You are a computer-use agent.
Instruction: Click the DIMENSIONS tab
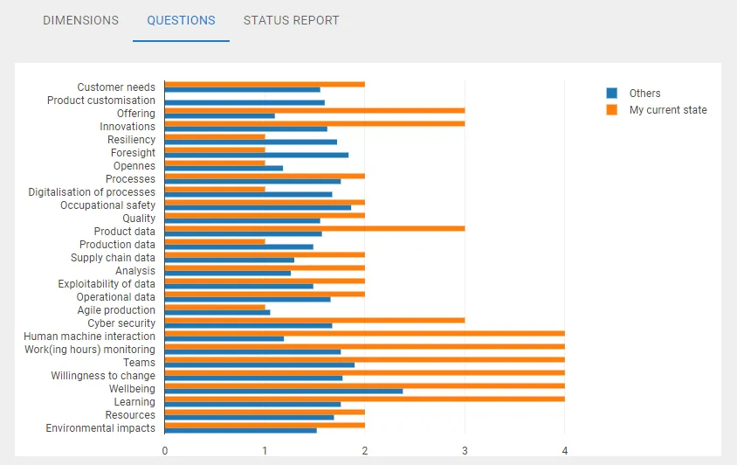coord(80,20)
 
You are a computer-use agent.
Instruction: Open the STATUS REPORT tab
coord(291,20)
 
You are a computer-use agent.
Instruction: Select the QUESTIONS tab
coord(181,20)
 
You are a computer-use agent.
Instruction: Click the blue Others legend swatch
coord(612,94)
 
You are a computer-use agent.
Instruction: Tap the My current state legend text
coord(668,110)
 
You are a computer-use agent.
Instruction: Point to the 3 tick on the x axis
coord(465,450)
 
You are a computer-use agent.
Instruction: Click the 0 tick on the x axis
coord(165,450)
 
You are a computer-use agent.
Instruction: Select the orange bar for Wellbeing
coord(364,385)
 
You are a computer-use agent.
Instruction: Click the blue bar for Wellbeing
coord(284,391)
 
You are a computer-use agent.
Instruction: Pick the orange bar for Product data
coord(314,228)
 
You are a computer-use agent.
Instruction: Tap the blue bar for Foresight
coord(257,155)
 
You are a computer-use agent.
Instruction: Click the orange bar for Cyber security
coord(314,320)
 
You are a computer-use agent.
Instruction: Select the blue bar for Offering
coord(220,115)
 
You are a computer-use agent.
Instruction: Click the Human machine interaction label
coord(90,337)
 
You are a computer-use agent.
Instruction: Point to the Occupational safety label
coord(107,205)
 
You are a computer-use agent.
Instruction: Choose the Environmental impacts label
coord(100,428)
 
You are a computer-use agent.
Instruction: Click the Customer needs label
coord(116,87)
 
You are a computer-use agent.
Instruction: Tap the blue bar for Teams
coord(259,364)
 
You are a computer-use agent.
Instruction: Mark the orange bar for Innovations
coord(314,123)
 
